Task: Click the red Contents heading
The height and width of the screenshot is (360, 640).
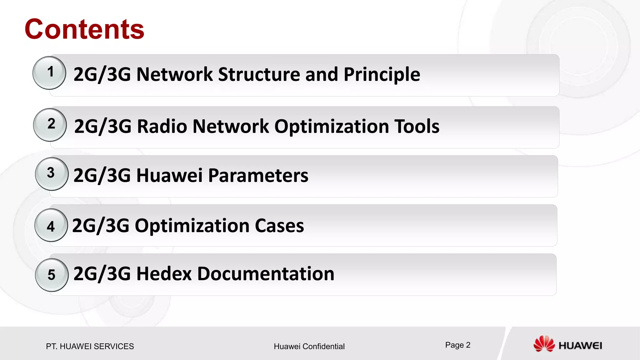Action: click(x=84, y=29)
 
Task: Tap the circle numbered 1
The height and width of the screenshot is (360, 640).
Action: click(x=49, y=73)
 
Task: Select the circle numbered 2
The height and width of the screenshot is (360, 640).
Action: click(x=50, y=125)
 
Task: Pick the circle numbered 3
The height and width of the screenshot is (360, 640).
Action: click(x=52, y=174)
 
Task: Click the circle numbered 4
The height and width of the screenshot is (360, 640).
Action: click(x=51, y=225)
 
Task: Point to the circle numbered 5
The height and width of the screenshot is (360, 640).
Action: click(x=52, y=275)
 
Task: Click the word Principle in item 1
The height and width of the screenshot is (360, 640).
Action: click(x=382, y=75)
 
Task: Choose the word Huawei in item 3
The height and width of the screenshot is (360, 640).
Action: click(x=169, y=175)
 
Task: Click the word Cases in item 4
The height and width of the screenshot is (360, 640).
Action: click(x=279, y=226)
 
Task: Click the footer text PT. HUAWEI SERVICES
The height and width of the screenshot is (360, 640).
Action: click(x=90, y=346)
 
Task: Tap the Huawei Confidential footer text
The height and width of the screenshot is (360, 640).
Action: click(x=309, y=346)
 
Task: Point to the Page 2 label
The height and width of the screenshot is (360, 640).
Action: click(x=457, y=345)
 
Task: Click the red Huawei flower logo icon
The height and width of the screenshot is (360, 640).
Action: click(x=543, y=344)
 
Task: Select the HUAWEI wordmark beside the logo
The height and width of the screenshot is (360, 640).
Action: click(x=580, y=346)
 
